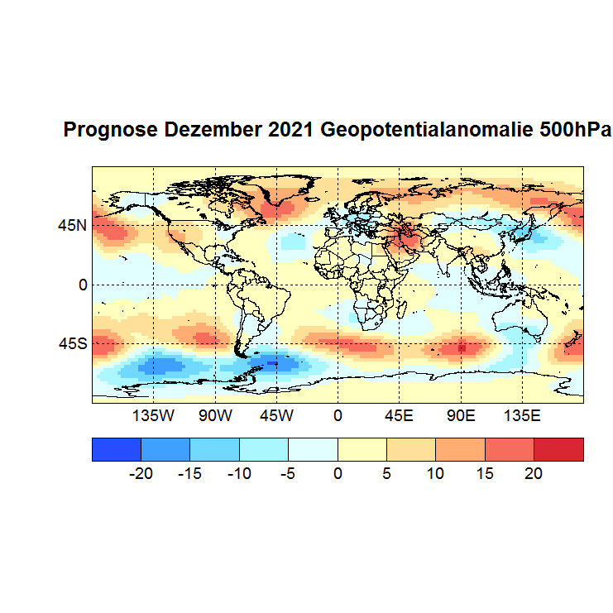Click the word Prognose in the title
111,131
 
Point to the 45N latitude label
72,225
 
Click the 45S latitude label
72,343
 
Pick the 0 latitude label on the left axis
83,285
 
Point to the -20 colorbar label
141,474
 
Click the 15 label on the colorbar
485,474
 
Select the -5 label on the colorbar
289,474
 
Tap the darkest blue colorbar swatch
117,449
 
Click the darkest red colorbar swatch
558,449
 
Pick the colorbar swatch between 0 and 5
362,449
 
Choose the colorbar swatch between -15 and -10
215,449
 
